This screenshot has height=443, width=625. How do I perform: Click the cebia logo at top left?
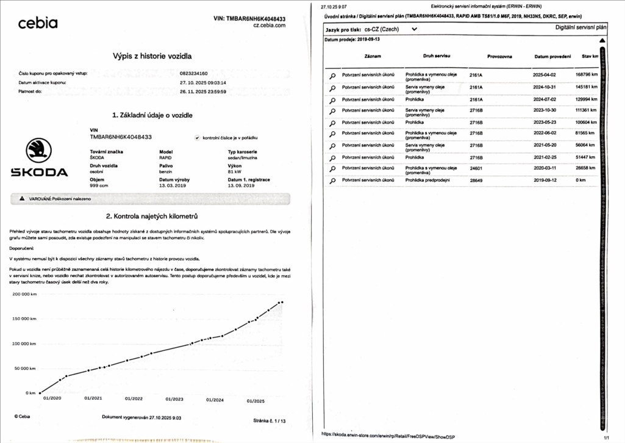[38, 24]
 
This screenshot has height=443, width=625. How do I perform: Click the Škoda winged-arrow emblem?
[39, 150]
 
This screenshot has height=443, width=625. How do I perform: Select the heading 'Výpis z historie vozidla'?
[152, 56]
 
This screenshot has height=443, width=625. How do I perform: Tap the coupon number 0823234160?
[194, 73]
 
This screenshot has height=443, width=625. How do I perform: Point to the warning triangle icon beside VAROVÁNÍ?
[22, 199]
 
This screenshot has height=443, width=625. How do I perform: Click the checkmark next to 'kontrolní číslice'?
[197, 138]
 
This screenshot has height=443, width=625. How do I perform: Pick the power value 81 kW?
[234, 171]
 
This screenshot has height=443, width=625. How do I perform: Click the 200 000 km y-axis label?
[24, 294]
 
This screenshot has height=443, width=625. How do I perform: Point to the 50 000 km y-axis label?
[26, 369]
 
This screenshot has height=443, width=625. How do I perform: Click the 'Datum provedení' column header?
[551, 56]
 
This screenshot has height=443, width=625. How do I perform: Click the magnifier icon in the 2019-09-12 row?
[332, 181]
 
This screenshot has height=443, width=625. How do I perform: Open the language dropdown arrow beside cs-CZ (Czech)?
[415, 29]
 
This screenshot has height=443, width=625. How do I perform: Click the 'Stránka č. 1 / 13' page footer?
[269, 420]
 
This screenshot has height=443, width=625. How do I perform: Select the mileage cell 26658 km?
[584, 168]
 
